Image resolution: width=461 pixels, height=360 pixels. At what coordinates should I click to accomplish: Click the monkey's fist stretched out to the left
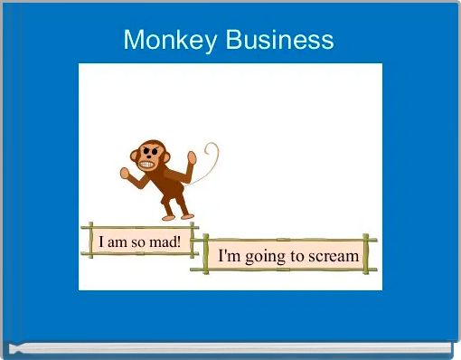pyautogui.click(x=125, y=172)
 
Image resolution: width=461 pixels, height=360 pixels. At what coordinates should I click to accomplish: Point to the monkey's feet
pyautogui.click(x=176, y=216)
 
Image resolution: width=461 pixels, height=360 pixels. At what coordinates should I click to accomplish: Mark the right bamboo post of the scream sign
pyautogui.click(x=367, y=254)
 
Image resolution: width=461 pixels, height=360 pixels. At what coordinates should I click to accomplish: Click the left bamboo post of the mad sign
pyautogui.click(x=89, y=241)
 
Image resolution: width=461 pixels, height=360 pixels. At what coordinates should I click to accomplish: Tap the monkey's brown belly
pyautogui.click(x=167, y=185)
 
